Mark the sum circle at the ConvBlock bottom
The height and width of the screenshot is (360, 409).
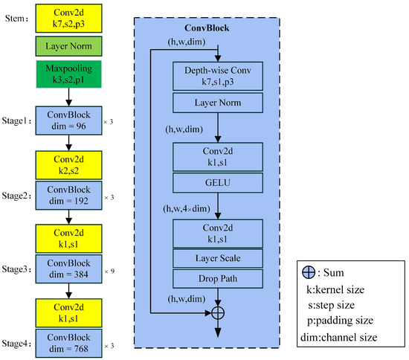coord(218,313)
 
